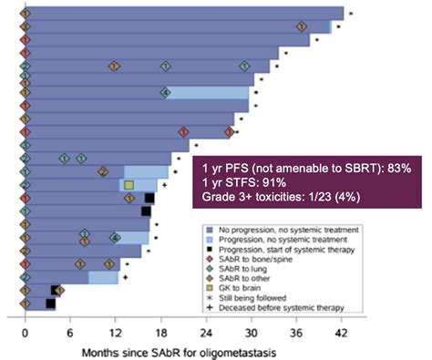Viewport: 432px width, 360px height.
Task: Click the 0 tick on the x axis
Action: [x=26, y=333]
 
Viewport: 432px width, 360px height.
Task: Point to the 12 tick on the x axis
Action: [x=115, y=333]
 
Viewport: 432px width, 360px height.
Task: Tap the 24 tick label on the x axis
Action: [x=206, y=333]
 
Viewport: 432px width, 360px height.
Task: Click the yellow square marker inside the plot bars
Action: [x=129, y=185]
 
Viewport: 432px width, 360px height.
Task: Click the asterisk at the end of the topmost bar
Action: [x=351, y=13]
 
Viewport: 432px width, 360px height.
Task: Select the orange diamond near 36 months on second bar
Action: [x=302, y=26]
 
